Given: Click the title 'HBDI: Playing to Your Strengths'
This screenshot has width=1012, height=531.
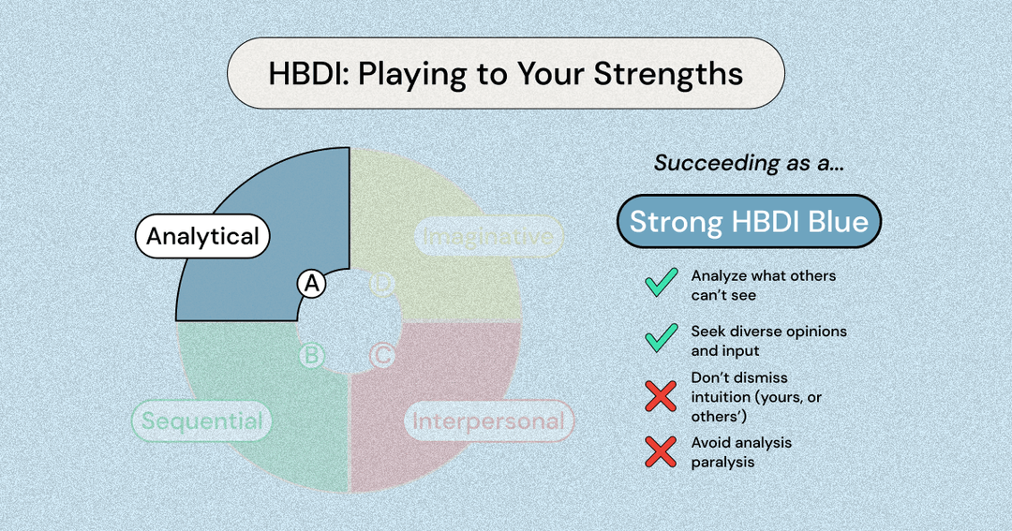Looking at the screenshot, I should pyautogui.click(x=506, y=74).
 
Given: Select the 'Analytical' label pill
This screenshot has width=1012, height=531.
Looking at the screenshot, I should pyautogui.click(x=202, y=237).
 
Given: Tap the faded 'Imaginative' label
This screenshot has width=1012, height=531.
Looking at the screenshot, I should pyautogui.click(x=487, y=237).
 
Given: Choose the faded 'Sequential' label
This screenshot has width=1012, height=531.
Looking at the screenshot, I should pyautogui.click(x=201, y=420).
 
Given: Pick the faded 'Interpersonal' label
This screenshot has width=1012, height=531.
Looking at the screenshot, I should pyautogui.click(x=489, y=420).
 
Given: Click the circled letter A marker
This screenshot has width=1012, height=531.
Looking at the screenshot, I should pyautogui.click(x=311, y=284).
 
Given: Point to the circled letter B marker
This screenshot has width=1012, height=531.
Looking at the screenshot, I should pyautogui.click(x=311, y=356).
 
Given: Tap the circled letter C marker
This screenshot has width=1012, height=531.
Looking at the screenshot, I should pyautogui.click(x=382, y=356).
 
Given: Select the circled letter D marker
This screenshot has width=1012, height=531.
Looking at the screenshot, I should pyautogui.click(x=381, y=284).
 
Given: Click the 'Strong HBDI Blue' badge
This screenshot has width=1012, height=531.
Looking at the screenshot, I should pyautogui.click(x=749, y=222).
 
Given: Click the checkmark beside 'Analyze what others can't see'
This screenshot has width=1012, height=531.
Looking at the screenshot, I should pyautogui.click(x=662, y=284).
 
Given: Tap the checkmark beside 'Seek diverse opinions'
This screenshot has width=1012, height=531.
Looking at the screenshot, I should pyautogui.click(x=662, y=339).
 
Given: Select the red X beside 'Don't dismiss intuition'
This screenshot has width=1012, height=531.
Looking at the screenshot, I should pyautogui.click(x=662, y=396).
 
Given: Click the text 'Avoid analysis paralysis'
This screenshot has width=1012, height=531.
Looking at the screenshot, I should pyautogui.click(x=742, y=451).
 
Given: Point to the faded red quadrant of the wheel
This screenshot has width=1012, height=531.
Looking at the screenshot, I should pyautogui.click(x=440, y=384).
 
